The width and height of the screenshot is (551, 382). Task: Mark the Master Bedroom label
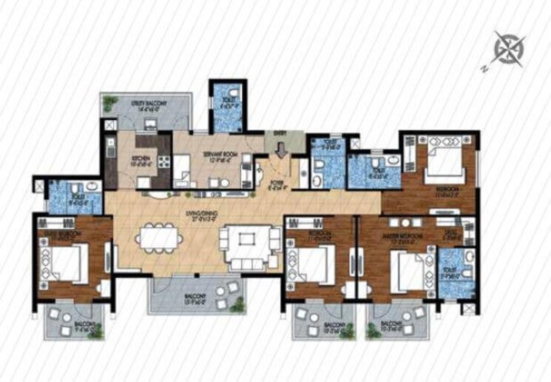click(x=406, y=237)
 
